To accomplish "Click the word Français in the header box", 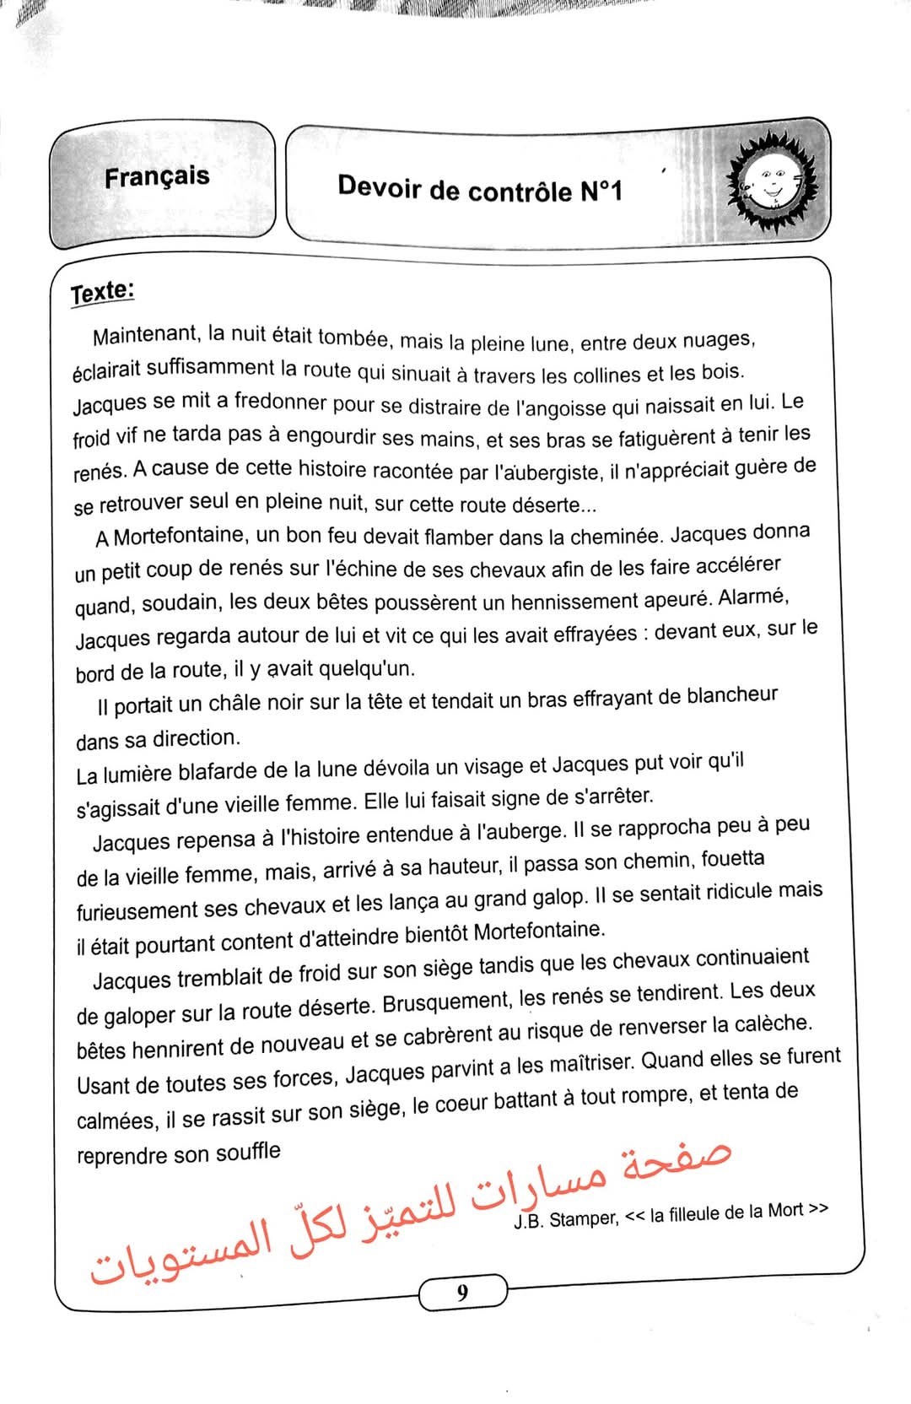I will tap(157, 177).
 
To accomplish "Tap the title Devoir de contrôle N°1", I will tap(479, 189).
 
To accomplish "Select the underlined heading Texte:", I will tap(102, 292).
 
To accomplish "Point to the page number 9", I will tap(462, 1292).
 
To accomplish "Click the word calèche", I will tap(774, 1024).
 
